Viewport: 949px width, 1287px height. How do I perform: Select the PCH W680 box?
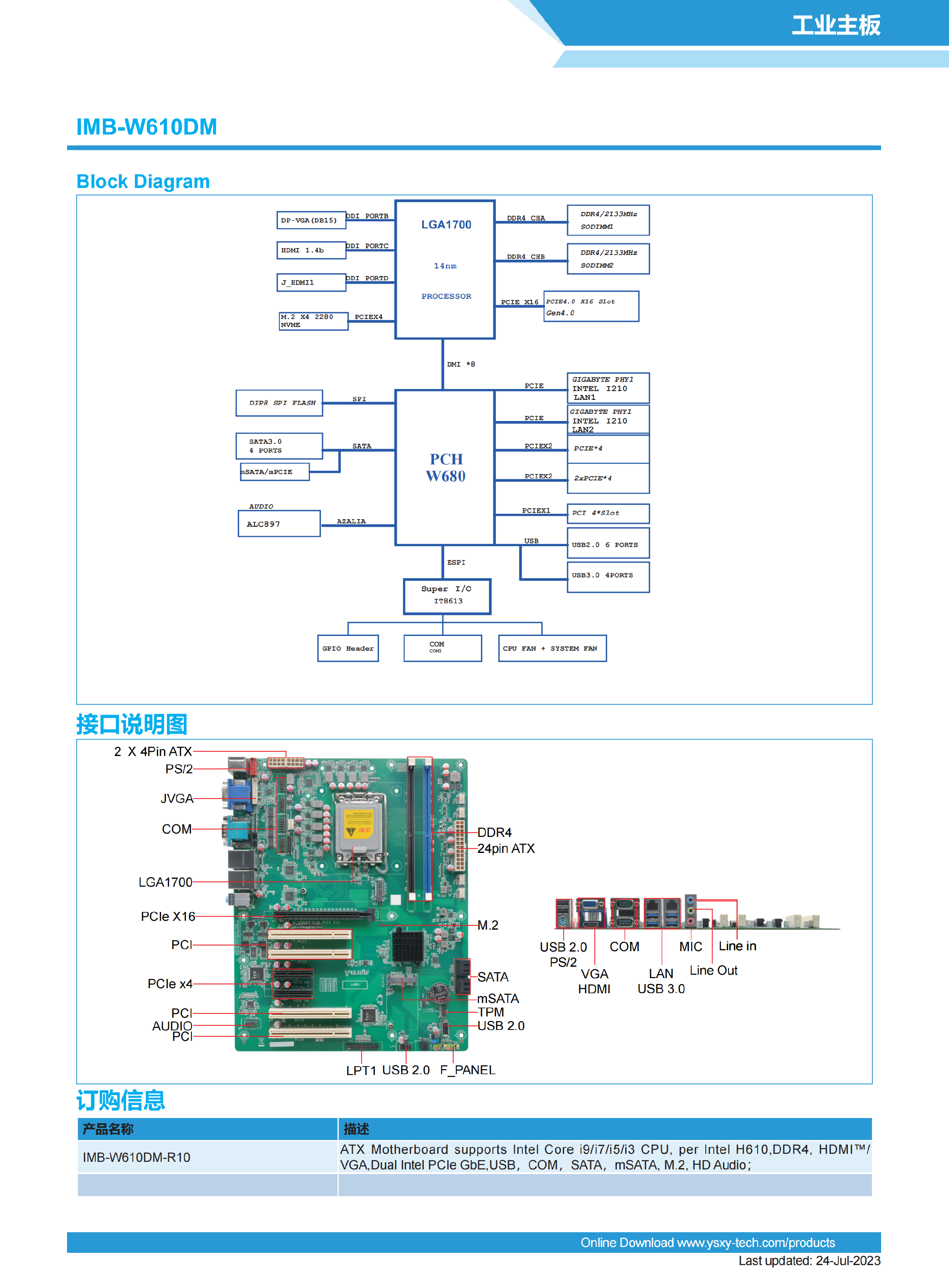click(x=445, y=467)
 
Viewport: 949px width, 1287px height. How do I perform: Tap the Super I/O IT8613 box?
click(x=447, y=596)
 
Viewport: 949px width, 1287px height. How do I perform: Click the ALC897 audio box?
click(x=279, y=524)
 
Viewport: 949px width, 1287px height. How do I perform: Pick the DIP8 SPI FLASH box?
click(x=279, y=402)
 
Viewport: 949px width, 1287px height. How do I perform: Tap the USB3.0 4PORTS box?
click(x=608, y=576)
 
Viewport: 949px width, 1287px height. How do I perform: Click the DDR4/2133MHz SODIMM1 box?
click(x=608, y=220)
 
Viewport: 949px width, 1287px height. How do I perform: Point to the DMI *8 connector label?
click(x=461, y=364)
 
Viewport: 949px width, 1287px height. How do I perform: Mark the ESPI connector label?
click(x=456, y=562)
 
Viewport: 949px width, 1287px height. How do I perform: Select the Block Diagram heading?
click(x=143, y=182)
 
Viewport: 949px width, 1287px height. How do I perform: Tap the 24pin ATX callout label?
click(x=505, y=848)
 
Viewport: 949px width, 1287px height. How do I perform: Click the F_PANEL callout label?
click(x=467, y=1070)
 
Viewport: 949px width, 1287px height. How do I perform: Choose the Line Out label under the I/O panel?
click(x=713, y=970)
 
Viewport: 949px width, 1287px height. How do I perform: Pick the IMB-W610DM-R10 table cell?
click(x=136, y=1157)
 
